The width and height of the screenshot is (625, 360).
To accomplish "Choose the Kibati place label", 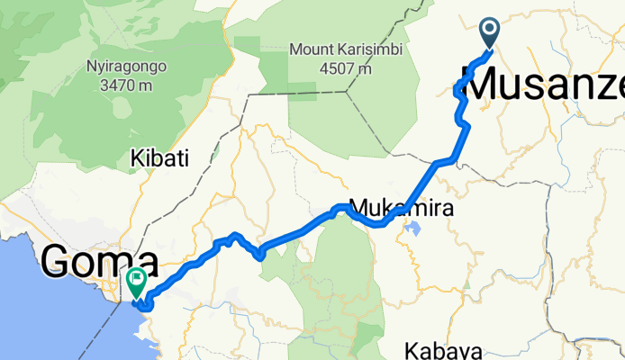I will (x=159, y=159).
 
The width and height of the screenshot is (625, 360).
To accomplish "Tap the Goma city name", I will (x=99, y=263).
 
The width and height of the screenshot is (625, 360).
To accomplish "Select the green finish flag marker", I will (x=137, y=282).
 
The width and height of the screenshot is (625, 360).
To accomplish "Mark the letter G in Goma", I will (x=56, y=263).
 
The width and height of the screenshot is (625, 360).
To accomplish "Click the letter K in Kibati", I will (x=136, y=159).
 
